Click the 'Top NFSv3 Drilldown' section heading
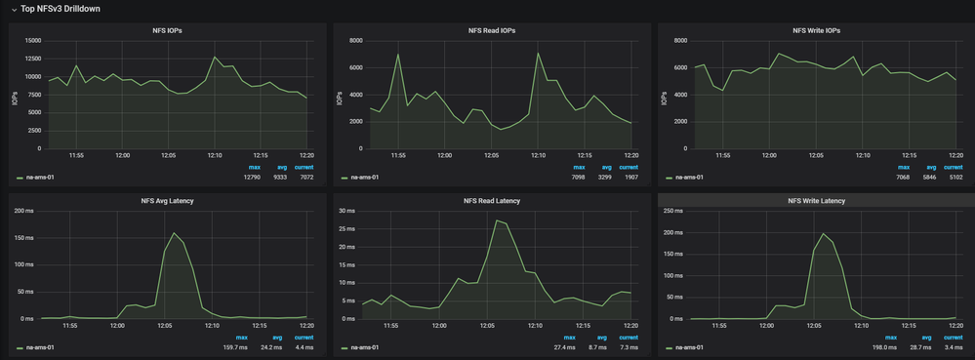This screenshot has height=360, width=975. click(x=61, y=9)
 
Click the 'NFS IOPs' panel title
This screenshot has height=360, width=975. click(x=167, y=31)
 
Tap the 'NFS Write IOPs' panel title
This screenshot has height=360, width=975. click(x=816, y=31)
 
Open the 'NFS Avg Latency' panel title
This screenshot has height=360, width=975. click(x=167, y=201)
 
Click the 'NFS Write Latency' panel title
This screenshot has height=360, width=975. click(x=816, y=201)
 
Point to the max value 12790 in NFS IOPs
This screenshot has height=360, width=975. click(x=248, y=178)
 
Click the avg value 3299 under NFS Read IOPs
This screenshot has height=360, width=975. click(x=605, y=178)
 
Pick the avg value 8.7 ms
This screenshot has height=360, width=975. click(x=604, y=347)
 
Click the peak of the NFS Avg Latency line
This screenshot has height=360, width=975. click(x=174, y=233)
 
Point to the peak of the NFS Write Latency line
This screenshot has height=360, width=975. click(x=823, y=234)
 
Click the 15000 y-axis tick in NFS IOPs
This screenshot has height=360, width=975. click(x=32, y=41)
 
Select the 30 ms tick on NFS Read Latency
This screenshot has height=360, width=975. click(x=346, y=211)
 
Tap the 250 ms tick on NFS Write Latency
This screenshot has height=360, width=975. click(x=672, y=211)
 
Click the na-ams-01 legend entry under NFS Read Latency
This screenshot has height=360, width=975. click(x=364, y=347)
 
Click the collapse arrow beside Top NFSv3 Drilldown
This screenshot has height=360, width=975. click(x=14, y=9)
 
